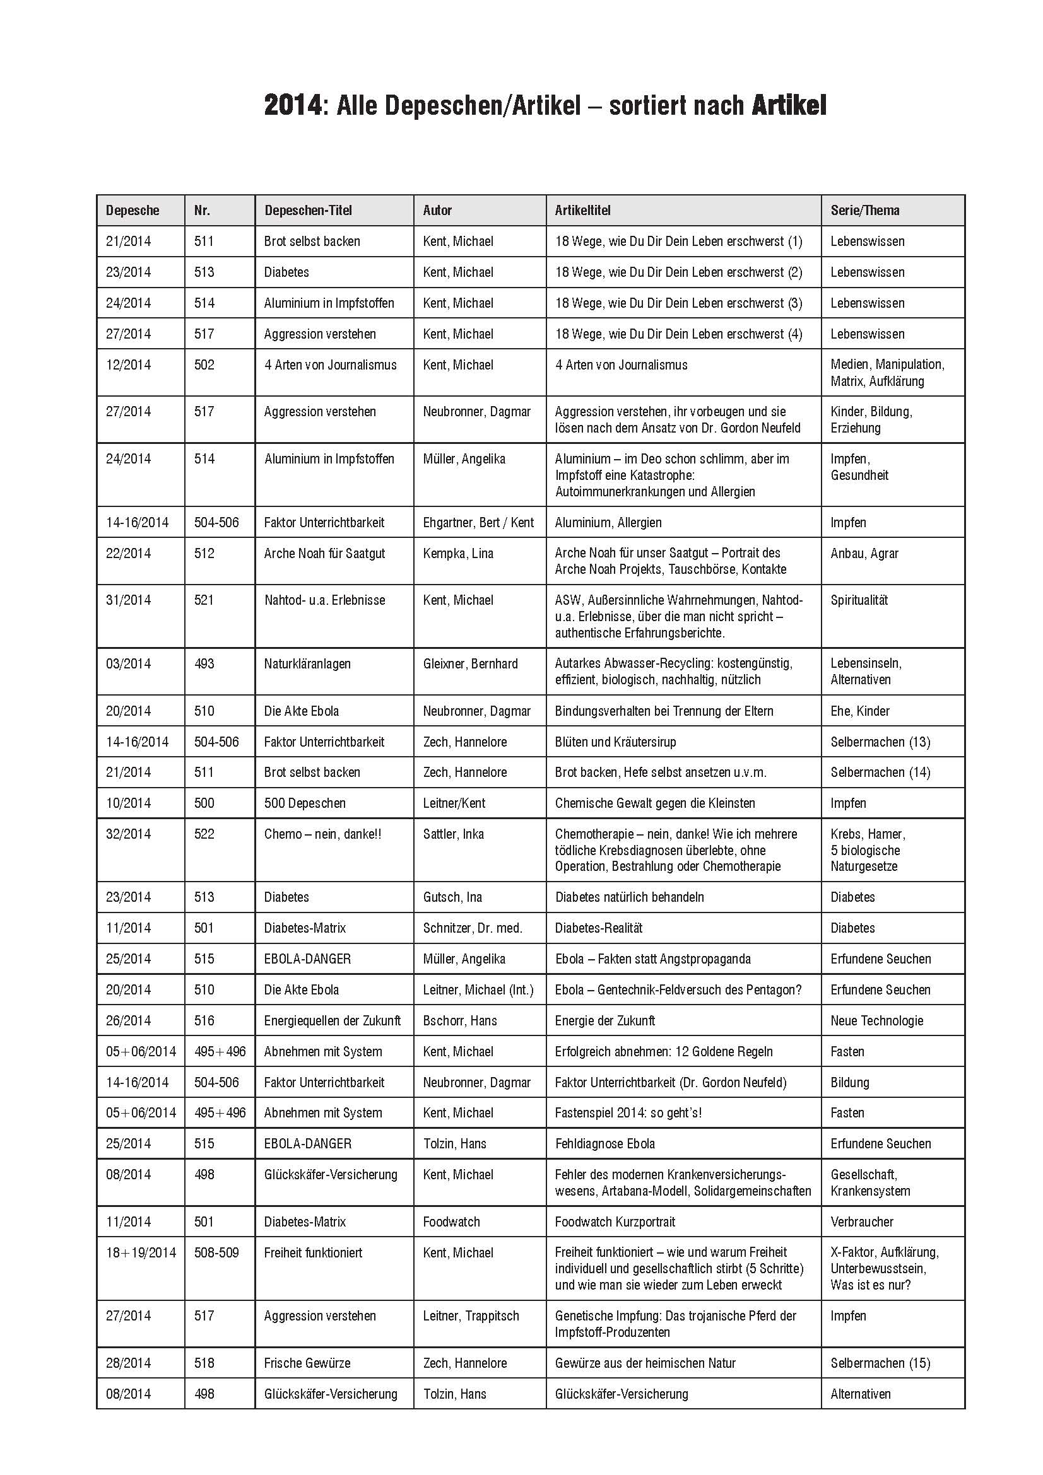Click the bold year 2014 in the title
click(292, 106)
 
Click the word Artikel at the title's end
click(789, 106)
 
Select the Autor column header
click(437, 210)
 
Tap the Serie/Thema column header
click(864, 210)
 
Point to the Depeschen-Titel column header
click(308, 210)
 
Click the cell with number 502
click(204, 365)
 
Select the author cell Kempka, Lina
click(457, 553)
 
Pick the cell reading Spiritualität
click(859, 600)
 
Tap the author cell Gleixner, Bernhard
click(470, 663)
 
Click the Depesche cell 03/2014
click(129, 663)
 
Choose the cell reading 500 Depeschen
click(305, 803)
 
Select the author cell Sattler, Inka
click(453, 834)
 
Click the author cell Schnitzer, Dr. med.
click(473, 928)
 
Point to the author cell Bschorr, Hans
click(459, 1020)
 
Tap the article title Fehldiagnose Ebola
click(604, 1143)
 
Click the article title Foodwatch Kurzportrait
click(615, 1222)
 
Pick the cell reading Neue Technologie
click(876, 1020)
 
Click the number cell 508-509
click(216, 1253)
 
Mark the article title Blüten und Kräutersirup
click(615, 742)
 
